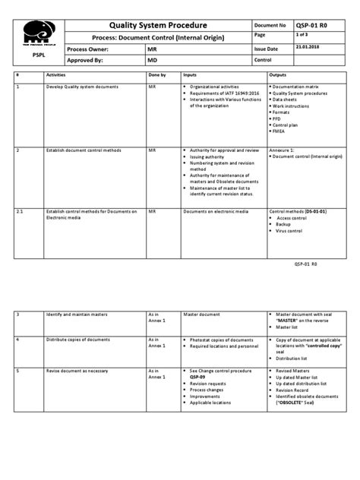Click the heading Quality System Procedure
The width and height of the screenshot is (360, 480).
click(x=159, y=25)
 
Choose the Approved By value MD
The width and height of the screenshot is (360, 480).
click(x=153, y=58)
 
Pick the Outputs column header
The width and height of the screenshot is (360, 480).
click(x=279, y=77)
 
